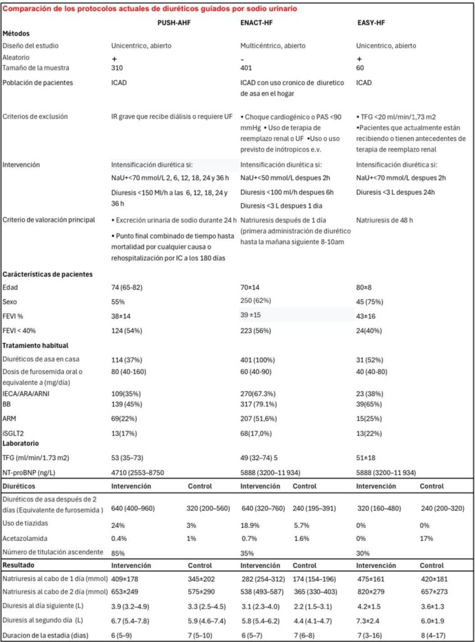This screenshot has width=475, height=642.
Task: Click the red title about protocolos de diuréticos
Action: (150, 9)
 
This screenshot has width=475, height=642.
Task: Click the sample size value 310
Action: (117, 68)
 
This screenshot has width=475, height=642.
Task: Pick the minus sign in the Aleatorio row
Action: (243, 58)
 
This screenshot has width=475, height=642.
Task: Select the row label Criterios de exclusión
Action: (34, 117)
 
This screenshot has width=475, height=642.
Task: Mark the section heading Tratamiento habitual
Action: (36, 345)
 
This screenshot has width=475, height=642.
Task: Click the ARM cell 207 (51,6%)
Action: (261, 401)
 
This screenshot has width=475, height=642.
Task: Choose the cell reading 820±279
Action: (371, 592)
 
